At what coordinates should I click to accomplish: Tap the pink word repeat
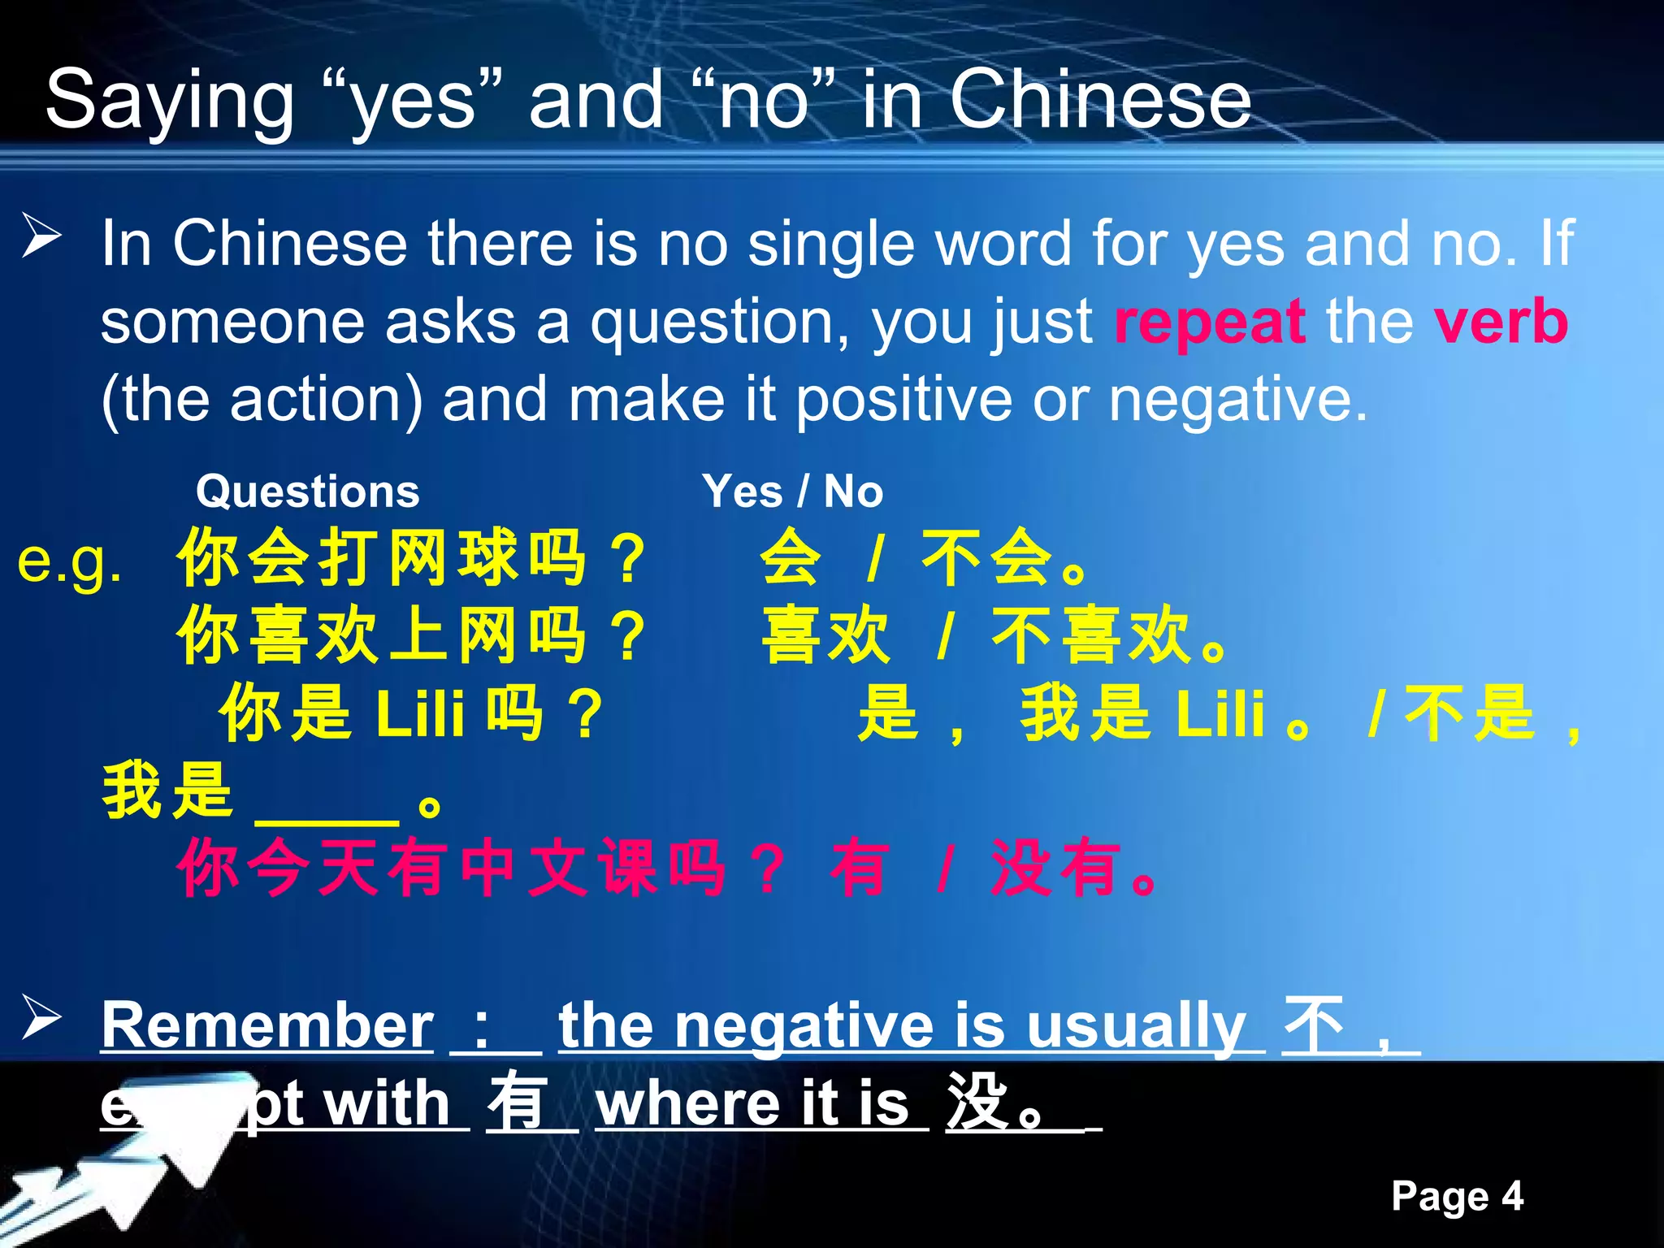coord(1210,322)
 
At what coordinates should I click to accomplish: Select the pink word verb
coord(1501,322)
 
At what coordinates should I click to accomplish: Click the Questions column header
coord(307,492)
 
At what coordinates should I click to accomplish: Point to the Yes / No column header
coord(792,492)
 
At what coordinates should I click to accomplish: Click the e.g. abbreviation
coord(70,561)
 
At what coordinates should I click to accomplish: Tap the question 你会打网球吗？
coord(412,557)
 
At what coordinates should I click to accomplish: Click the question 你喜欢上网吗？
coord(412,635)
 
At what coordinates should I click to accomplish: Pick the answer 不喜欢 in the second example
coord(1090,635)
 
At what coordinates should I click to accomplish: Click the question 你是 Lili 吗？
coord(412,713)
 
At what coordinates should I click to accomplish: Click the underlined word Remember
coord(267,1025)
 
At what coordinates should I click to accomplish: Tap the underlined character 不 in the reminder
coord(1313,1025)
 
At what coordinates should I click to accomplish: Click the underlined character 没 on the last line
coord(977,1103)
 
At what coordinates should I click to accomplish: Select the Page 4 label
coord(1457,1196)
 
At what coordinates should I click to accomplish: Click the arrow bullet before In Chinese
coord(41,236)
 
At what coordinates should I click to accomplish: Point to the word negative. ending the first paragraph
coord(1238,400)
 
